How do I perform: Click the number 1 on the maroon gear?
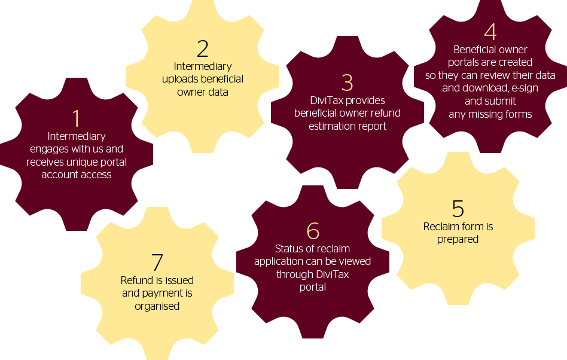point(76,118)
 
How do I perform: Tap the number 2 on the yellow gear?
point(203,49)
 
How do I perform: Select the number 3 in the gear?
point(347,83)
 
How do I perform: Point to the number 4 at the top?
point(490,32)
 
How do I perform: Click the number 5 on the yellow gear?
point(458,209)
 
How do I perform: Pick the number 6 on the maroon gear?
point(313,231)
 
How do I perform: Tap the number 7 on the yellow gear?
point(157,262)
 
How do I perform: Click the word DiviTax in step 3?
point(327,100)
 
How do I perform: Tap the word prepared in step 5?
point(458,240)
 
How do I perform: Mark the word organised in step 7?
point(157,306)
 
